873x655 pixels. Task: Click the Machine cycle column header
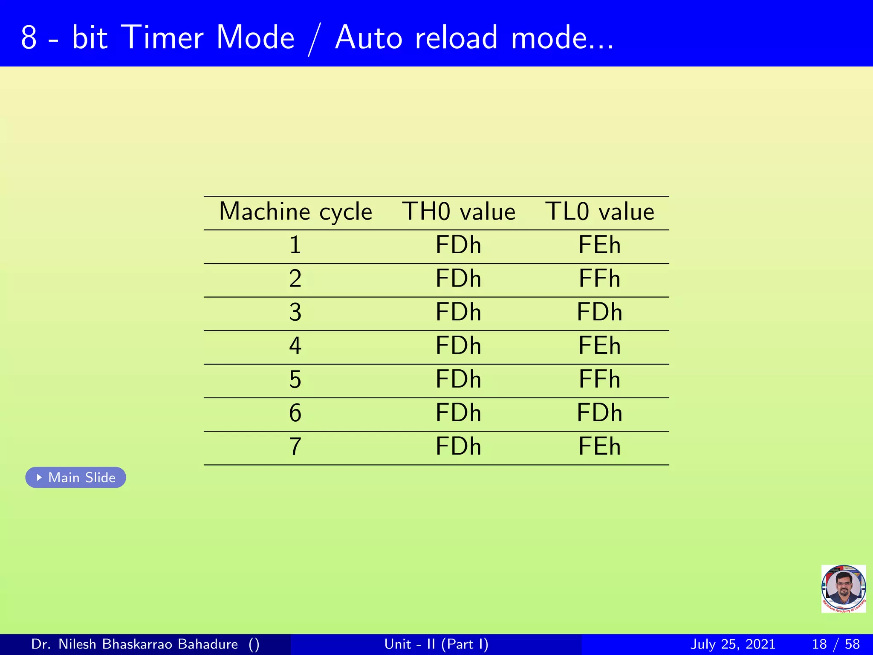pyautogui.click(x=295, y=212)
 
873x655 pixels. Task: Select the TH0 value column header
pyautogui.click(x=459, y=212)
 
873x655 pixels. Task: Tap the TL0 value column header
pyautogui.click(x=599, y=212)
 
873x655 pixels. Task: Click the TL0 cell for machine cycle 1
pyautogui.click(x=599, y=245)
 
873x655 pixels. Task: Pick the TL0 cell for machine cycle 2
pyautogui.click(x=599, y=279)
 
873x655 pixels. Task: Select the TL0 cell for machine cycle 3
pyautogui.click(x=599, y=312)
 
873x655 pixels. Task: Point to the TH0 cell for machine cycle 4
pyautogui.click(x=458, y=346)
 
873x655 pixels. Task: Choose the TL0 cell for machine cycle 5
pyautogui.click(x=599, y=380)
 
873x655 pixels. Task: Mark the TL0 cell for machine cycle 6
pyautogui.click(x=599, y=413)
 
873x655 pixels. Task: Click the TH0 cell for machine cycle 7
pyautogui.click(x=458, y=446)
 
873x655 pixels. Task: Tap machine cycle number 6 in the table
pyautogui.click(x=295, y=413)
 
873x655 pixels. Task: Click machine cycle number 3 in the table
pyautogui.click(x=295, y=312)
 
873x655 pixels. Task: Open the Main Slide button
pyautogui.click(x=76, y=478)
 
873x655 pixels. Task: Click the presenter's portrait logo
pyautogui.click(x=843, y=589)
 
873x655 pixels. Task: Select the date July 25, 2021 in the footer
pyautogui.click(x=732, y=644)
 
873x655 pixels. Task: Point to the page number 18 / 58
pyautogui.click(x=835, y=644)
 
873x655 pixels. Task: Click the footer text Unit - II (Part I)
pyautogui.click(x=436, y=644)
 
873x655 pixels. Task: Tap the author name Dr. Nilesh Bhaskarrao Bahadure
pyautogui.click(x=135, y=644)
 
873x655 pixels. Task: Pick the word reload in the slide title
pyautogui.click(x=456, y=38)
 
